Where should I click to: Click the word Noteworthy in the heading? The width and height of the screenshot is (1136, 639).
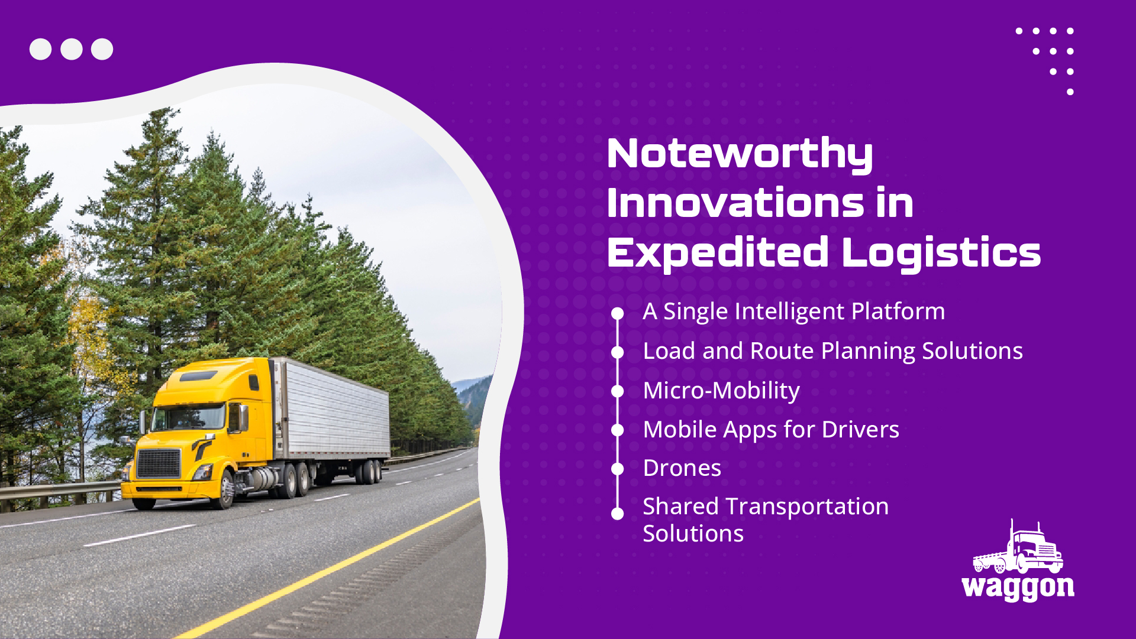(x=740, y=154)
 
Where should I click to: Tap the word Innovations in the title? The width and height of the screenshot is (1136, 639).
(x=735, y=202)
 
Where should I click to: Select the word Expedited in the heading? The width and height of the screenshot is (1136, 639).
(x=718, y=253)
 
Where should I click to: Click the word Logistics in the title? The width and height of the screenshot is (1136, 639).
(x=941, y=253)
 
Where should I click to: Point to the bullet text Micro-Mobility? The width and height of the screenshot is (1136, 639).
(x=721, y=391)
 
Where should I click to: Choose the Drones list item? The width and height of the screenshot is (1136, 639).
(x=682, y=468)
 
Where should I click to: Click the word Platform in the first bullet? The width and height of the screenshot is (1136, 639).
(x=898, y=312)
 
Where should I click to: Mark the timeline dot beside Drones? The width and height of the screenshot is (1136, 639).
(x=618, y=469)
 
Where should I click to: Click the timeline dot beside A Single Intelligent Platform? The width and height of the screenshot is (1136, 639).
(x=618, y=313)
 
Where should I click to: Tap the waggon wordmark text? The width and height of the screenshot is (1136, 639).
(x=1018, y=588)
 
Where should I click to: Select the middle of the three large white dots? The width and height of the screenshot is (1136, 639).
(x=72, y=49)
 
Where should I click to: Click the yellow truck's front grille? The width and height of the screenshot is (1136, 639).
(x=159, y=463)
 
